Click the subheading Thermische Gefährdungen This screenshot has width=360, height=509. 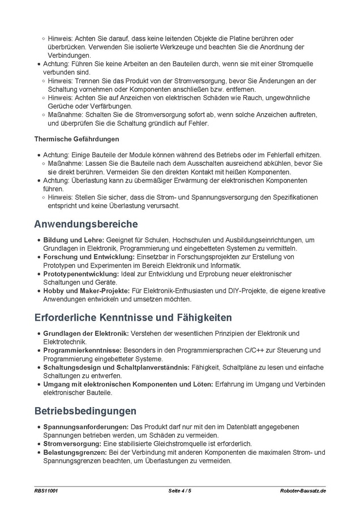76,138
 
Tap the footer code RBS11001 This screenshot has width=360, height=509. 46,490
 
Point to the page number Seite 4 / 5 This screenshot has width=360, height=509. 180,490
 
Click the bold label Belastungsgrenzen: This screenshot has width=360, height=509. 75,452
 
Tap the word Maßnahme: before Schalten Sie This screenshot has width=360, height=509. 63,115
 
